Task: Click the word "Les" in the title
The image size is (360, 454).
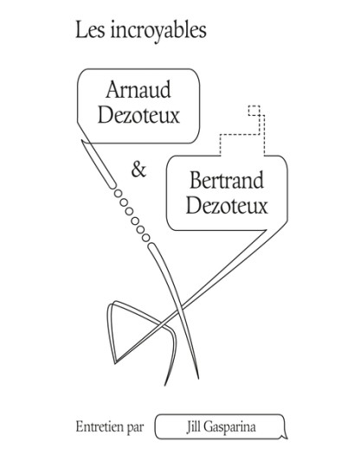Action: [90, 30]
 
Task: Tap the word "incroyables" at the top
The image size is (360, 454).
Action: [158, 31]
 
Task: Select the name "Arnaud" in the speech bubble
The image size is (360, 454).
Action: [138, 90]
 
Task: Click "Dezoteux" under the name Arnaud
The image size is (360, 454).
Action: [138, 115]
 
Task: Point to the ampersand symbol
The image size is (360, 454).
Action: [138, 169]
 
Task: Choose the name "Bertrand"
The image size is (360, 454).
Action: [227, 180]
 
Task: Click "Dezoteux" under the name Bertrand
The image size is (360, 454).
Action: [227, 205]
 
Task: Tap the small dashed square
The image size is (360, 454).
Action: [254, 111]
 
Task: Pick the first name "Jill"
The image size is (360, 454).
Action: [193, 427]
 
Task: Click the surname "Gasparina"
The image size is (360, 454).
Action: [229, 427]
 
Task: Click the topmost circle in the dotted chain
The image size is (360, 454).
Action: [118, 194]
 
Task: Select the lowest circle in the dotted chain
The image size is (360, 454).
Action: [146, 238]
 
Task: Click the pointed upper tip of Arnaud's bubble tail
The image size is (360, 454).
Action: [82, 141]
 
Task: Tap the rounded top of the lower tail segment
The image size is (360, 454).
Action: [152, 246]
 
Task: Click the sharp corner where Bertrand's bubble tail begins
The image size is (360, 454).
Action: [266, 231]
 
